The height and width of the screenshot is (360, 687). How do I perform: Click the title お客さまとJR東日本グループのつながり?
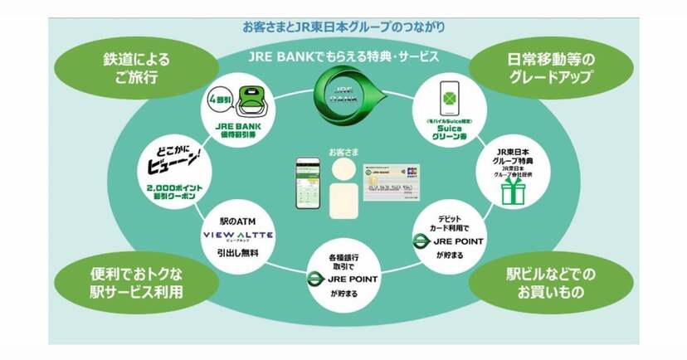click(x=343, y=26)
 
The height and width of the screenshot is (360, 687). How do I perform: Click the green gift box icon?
click(x=512, y=192)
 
